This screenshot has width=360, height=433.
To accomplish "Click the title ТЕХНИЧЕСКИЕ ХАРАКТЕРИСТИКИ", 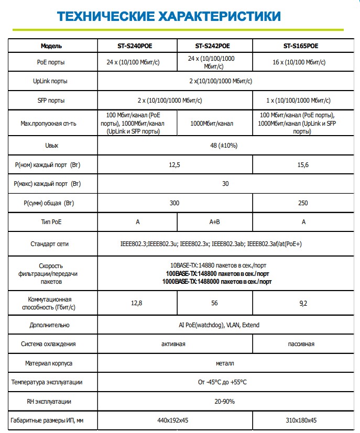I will pyautogui.click(x=169, y=16).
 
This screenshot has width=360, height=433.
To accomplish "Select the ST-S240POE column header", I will pyautogui.click(x=138, y=46).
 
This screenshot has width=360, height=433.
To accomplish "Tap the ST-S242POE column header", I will pyautogui.click(x=215, y=46).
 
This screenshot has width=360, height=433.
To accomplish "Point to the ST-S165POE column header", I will pyautogui.click(x=301, y=46).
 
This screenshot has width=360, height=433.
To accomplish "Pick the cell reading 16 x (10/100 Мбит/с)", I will pyautogui.click(x=301, y=62).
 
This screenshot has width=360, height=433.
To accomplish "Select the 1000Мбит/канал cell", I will pyautogui.click(x=215, y=123).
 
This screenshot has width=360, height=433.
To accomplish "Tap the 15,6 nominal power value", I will pyautogui.click(x=301, y=165).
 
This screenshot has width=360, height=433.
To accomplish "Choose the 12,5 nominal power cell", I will pyautogui.click(x=174, y=165).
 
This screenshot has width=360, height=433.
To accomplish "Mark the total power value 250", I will pyautogui.click(x=301, y=203).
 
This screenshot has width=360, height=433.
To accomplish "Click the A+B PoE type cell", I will pyautogui.click(x=215, y=222).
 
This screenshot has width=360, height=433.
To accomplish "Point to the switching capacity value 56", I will pyautogui.click(x=215, y=302).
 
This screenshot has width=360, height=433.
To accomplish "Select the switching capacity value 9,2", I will pyautogui.click(x=301, y=302).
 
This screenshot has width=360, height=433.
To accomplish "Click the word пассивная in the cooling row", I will pyautogui.click(x=301, y=344).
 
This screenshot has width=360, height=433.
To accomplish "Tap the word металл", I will pyautogui.click(x=224, y=363).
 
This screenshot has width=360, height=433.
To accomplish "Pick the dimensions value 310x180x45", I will pyautogui.click(x=301, y=420).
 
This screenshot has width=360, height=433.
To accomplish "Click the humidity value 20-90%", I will pyautogui.click(x=224, y=402).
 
